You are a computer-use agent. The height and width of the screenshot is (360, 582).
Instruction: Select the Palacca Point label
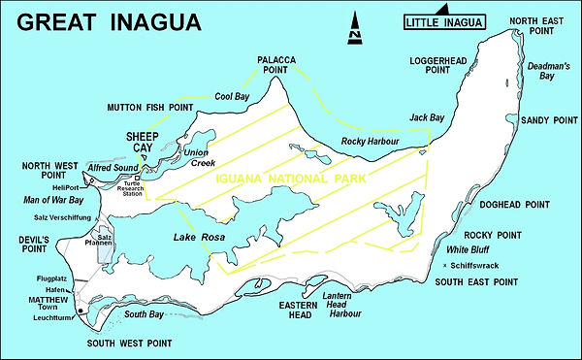click(x=282, y=66)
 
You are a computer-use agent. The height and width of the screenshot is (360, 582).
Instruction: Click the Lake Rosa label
click(x=198, y=238)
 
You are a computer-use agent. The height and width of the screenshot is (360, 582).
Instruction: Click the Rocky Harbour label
click(x=372, y=143)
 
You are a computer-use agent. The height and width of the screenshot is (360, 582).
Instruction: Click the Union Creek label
click(x=198, y=156)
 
